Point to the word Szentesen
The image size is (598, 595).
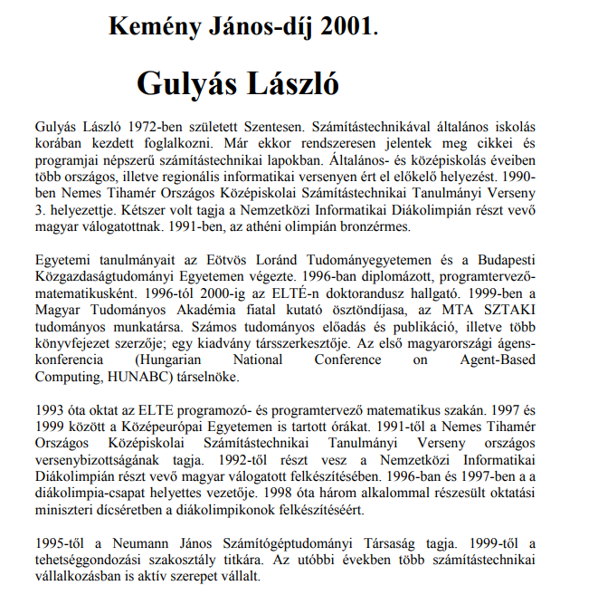click(270, 124)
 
